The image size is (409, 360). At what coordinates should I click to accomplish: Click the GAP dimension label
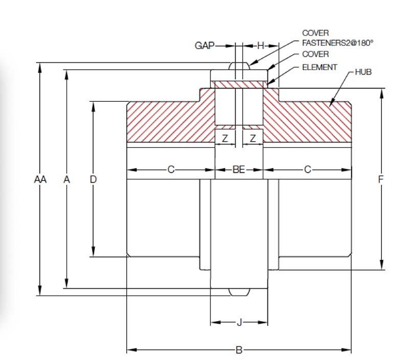tap(204, 46)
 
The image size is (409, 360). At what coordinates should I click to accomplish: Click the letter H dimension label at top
tap(260, 46)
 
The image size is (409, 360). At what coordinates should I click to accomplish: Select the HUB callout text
tap(363, 72)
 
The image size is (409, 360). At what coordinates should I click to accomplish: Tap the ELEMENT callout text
tap(320, 67)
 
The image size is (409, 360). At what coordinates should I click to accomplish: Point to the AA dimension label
tap(40, 179)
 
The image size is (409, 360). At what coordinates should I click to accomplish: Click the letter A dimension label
tap(66, 179)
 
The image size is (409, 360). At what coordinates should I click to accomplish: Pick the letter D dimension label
tap(93, 179)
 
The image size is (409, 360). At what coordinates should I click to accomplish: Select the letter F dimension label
tap(380, 179)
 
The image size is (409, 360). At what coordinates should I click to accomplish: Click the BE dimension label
tap(239, 170)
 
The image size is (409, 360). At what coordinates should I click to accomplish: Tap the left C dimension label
tap(171, 170)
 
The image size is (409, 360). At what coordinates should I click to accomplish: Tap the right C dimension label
tap(307, 170)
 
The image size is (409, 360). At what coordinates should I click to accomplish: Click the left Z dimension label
tap(225, 138)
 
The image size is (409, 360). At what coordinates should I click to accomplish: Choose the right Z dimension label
tap(253, 138)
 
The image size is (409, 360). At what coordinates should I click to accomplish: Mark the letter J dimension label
tap(239, 322)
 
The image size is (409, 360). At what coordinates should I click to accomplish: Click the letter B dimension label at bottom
tap(239, 350)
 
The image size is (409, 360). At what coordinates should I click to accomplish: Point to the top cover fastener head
tap(239, 66)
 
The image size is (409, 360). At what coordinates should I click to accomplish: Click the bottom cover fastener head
tap(239, 292)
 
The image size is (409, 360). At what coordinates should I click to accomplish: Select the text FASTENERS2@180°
tap(337, 43)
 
